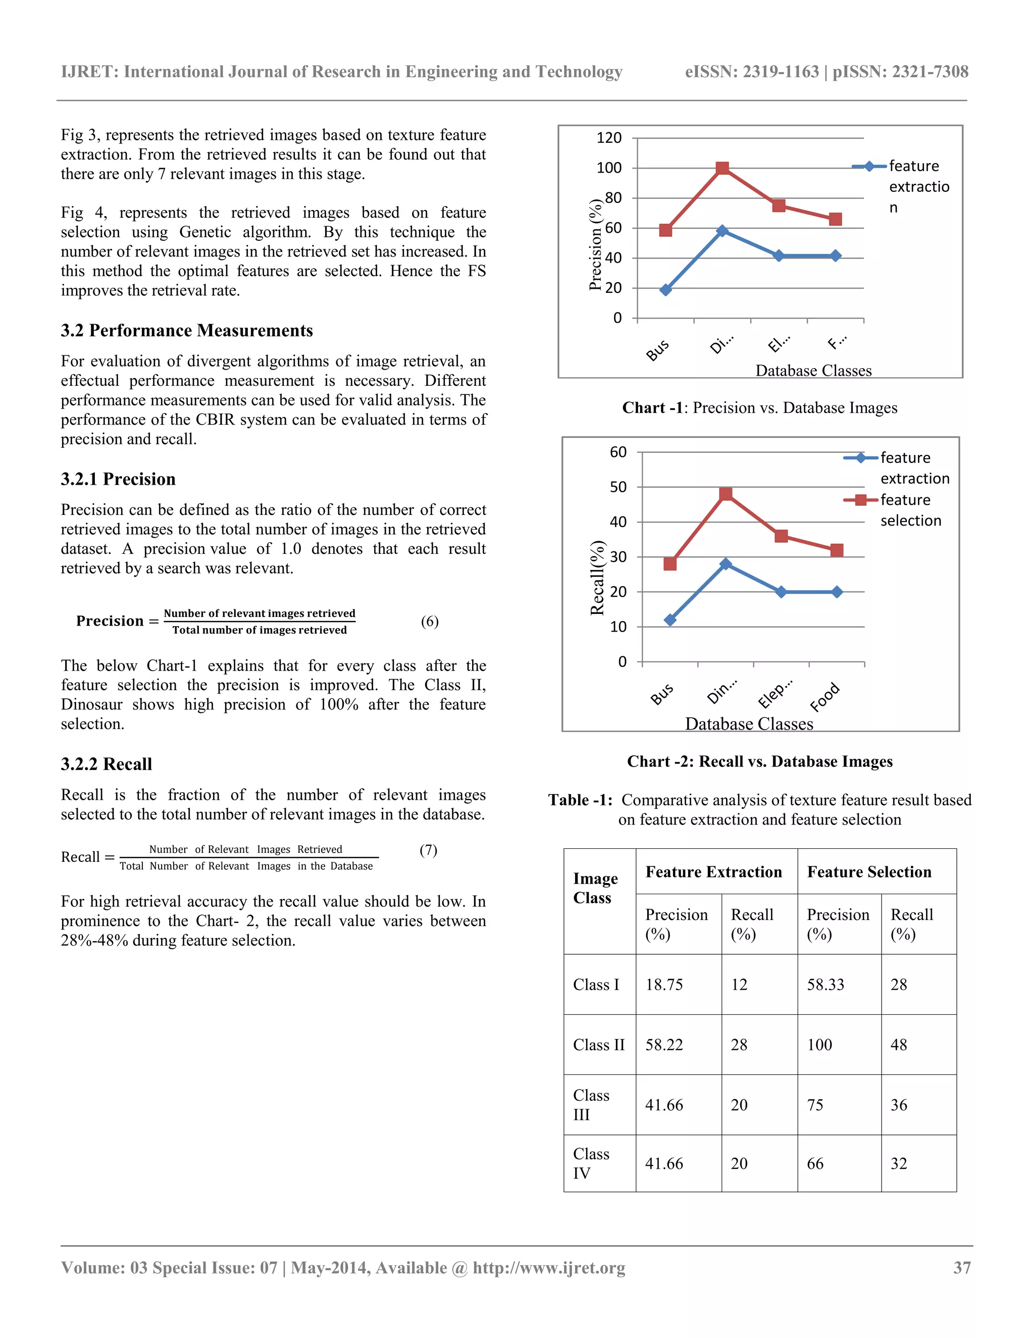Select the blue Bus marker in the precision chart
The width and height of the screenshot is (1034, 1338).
pos(666,290)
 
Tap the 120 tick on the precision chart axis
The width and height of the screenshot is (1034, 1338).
pos(609,138)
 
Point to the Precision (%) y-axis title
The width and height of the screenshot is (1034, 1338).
pos(595,244)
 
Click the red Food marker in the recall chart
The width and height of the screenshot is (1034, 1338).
pos(837,550)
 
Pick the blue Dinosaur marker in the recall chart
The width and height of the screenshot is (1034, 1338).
pos(726,563)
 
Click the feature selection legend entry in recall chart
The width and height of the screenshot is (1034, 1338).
pos(910,510)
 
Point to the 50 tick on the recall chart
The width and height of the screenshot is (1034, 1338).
pos(618,487)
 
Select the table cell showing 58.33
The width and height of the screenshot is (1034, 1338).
pos(825,985)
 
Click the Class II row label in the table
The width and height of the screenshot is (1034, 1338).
pos(598,1045)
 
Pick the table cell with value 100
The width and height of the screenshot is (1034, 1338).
pos(819,1045)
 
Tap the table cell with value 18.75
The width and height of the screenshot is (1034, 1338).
pos(664,985)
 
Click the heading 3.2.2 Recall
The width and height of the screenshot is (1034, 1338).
pos(106,764)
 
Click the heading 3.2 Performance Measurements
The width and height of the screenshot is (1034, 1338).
pos(187,330)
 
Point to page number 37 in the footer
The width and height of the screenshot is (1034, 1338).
pos(962,1267)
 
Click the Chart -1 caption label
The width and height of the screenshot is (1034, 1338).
pos(652,407)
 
